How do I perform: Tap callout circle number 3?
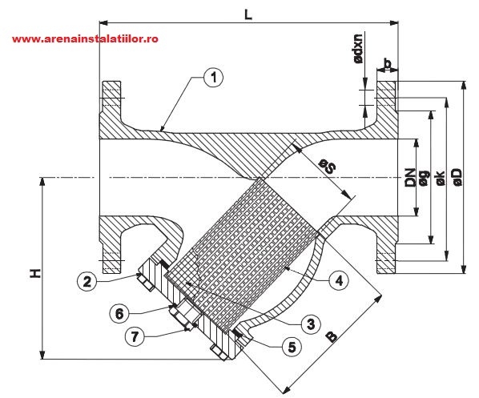305,323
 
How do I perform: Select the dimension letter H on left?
34,273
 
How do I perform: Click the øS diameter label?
327,167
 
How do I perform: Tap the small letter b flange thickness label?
387,63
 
